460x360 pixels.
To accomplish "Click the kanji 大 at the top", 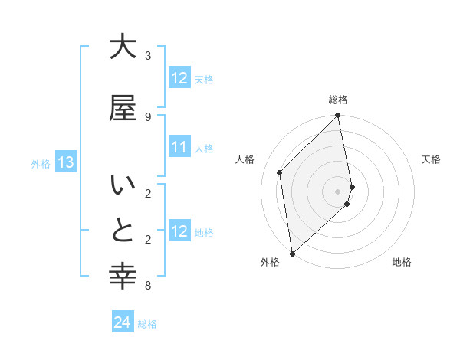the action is click(x=123, y=47).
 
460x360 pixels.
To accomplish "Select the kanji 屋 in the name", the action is click(x=123, y=108).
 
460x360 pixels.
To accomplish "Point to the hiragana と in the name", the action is click(x=123, y=231).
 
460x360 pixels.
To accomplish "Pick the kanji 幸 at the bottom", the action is click(x=123, y=277).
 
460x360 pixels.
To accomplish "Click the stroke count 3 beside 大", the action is click(x=148, y=56).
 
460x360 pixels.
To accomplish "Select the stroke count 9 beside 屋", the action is click(x=148, y=116).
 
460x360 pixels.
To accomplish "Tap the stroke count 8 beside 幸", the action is click(x=148, y=286).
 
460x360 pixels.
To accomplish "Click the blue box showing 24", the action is click(x=123, y=323).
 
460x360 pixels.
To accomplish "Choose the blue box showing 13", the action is click(x=65, y=162).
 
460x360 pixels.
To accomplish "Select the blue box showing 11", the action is click(x=179, y=147).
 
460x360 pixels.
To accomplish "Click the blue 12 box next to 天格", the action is click(x=179, y=78).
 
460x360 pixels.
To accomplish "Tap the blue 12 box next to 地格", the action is click(x=179, y=231).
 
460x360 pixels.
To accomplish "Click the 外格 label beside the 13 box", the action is click(x=41, y=163).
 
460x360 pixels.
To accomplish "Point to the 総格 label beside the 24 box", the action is click(x=147, y=324).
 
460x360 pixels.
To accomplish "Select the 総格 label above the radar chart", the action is click(x=338, y=100).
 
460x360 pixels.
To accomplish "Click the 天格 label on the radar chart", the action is click(x=432, y=159).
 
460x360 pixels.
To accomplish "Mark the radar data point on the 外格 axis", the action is click(x=292, y=254).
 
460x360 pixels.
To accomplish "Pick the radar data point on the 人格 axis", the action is click(x=280, y=172).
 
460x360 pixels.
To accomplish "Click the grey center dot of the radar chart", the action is click(x=338, y=191).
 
